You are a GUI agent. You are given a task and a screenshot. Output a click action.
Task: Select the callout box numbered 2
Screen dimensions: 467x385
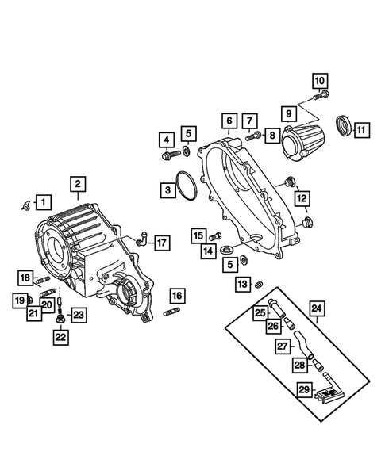click(x=78, y=185)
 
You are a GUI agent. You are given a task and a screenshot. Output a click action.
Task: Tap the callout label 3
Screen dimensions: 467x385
click(x=167, y=190)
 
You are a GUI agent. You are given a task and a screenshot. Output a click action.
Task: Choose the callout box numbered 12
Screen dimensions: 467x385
click(x=302, y=197)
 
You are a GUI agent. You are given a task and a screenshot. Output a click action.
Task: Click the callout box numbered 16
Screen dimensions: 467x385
click(x=176, y=297)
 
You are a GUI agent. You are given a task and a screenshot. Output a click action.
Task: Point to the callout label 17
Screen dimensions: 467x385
click(x=161, y=243)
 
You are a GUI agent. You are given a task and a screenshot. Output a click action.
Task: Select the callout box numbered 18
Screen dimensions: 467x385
click(x=25, y=278)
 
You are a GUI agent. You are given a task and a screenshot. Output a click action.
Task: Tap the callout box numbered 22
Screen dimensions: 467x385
click(x=60, y=337)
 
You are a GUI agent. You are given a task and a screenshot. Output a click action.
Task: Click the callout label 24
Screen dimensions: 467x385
click(x=317, y=308)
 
